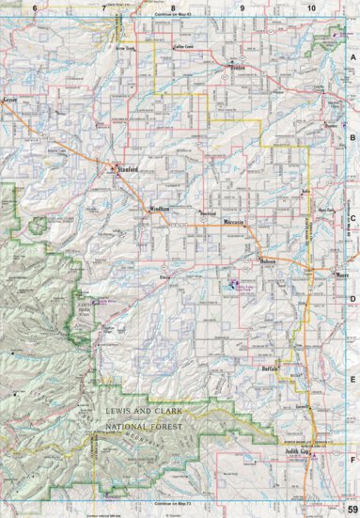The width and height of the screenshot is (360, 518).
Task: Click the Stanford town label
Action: pyautogui.click(x=128, y=170)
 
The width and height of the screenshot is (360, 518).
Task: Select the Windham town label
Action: pyautogui.click(x=159, y=208)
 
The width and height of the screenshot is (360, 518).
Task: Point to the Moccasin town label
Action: pyautogui.click(x=235, y=221)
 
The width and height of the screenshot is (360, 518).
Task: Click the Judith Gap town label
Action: pyautogui.click(x=297, y=451)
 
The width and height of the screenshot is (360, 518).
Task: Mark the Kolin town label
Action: pyautogui.click(x=305, y=190)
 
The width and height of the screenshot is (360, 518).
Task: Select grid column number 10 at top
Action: pyautogui.click(x=310, y=8)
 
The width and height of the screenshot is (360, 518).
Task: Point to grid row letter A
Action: pyautogui.click(x=353, y=57)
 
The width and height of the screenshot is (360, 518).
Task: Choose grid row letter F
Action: pyautogui.click(x=353, y=461)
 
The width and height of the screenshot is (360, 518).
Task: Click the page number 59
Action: pyautogui.click(x=351, y=510)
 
